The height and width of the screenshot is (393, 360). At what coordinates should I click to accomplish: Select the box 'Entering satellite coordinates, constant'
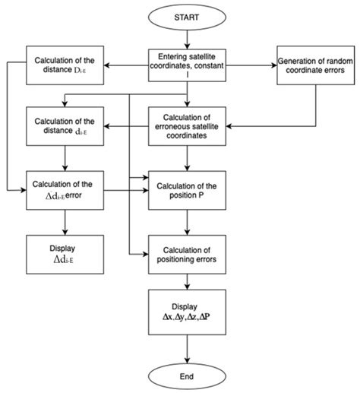point(187,63)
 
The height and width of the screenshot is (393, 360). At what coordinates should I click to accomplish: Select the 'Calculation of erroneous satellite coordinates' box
point(187,127)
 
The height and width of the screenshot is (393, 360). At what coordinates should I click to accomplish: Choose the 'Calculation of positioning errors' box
point(187,255)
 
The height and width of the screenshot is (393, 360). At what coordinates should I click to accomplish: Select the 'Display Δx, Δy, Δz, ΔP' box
point(187,314)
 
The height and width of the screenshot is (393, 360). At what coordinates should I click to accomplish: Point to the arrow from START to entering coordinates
point(187,39)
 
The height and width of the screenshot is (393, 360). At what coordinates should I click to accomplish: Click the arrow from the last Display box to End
point(187,347)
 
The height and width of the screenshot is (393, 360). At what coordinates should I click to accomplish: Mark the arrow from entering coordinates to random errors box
point(245,63)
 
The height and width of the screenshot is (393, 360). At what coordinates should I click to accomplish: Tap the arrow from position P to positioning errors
point(187,222)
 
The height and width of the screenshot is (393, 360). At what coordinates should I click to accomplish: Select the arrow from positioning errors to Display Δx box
point(187,284)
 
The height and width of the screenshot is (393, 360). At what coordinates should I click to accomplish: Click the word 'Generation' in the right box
point(291,58)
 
